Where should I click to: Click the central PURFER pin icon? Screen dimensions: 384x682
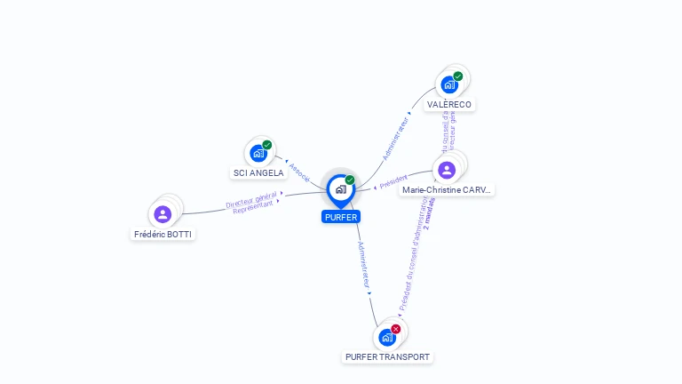pos(340,189)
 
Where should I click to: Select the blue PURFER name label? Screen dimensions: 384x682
pos(341,217)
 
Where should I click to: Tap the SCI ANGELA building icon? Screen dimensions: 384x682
pos(258,153)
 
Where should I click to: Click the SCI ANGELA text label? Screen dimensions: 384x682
pos(258,172)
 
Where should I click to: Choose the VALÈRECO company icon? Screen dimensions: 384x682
pos(449,85)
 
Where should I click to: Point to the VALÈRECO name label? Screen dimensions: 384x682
pos(449,104)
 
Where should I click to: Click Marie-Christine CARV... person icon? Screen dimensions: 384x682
pos(447,169)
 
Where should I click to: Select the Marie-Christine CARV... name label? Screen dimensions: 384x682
pos(447,190)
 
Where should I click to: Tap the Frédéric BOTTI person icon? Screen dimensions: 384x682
pos(163,214)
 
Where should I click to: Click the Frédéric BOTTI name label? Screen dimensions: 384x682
pos(163,235)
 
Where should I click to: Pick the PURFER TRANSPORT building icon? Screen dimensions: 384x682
pos(386,338)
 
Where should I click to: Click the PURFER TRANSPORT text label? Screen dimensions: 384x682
pos(387,357)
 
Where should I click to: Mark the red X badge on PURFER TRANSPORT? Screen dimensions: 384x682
pos(396,329)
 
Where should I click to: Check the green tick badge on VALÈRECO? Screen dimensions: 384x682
pos(458,76)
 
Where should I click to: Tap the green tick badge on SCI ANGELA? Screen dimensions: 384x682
pos(267,145)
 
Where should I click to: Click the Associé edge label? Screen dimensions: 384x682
pos(299,172)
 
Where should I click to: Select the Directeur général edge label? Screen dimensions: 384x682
pos(250,201)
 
